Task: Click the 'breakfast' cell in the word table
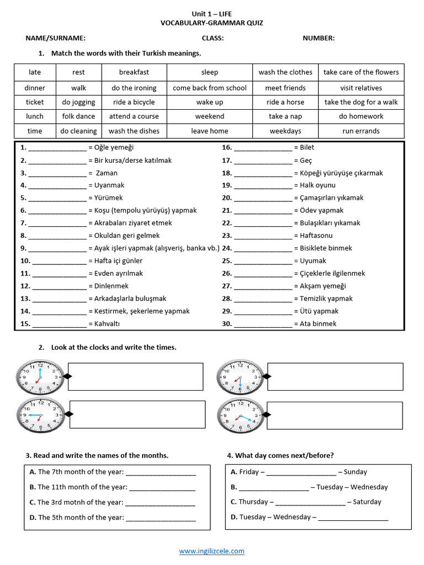point(134,72)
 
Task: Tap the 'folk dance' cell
point(78,116)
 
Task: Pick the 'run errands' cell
point(361,131)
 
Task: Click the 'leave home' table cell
point(209,131)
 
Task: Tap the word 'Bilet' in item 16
point(307,147)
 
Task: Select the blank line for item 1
point(57,148)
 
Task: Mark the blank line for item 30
point(263,325)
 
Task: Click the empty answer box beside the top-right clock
point(335,376)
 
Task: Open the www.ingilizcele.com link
point(211,551)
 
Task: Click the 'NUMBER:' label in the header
point(318,38)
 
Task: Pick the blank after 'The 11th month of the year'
point(162,488)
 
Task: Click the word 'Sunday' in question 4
point(355,472)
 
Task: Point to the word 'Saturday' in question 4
point(367,502)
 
